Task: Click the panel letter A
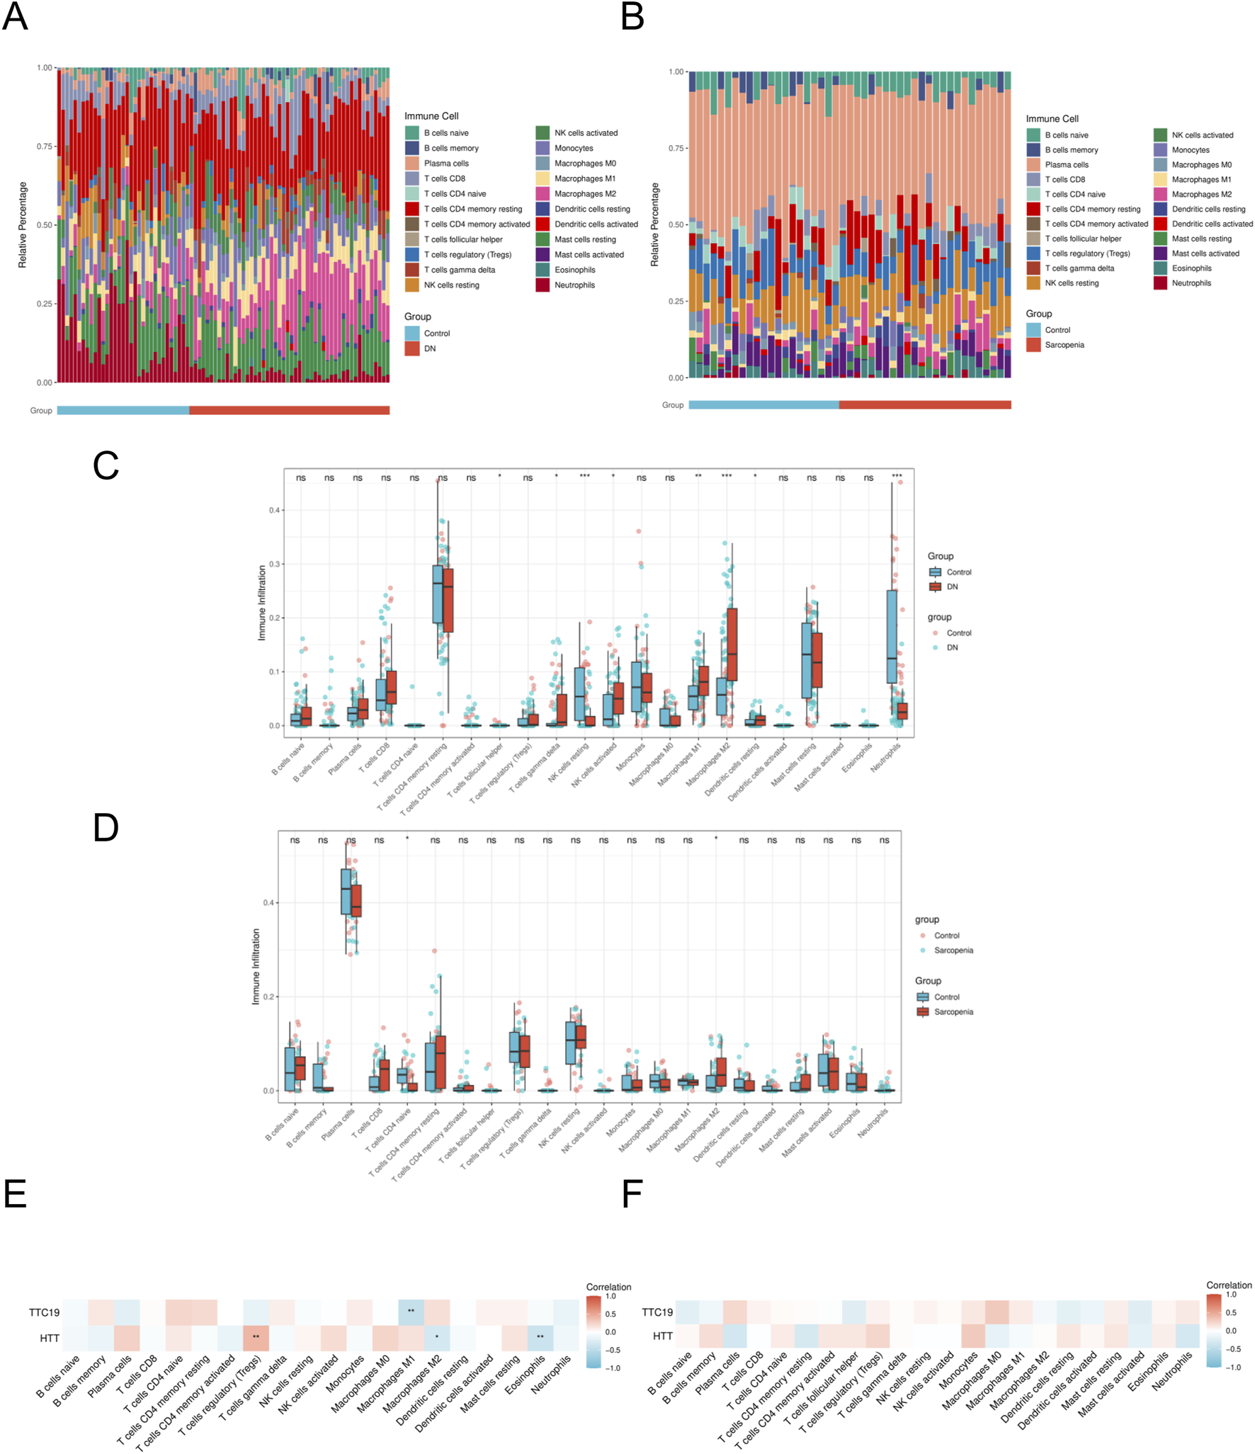tap(15, 16)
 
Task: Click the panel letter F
tap(632, 1195)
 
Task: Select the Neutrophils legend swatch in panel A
tap(543, 285)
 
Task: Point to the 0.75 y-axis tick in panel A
tap(45, 147)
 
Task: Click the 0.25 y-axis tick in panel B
tap(676, 301)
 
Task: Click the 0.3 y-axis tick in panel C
tap(275, 564)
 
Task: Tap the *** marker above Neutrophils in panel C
tap(897, 476)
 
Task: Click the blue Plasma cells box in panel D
tap(346, 891)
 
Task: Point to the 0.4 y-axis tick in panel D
tap(268, 903)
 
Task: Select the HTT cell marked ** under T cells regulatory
tap(256, 1337)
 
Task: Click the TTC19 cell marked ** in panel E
tap(411, 1312)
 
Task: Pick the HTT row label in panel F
tap(662, 1336)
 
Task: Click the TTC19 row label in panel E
tap(44, 1312)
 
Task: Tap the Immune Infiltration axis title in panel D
tap(256, 966)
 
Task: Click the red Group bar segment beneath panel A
tap(289, 410)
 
